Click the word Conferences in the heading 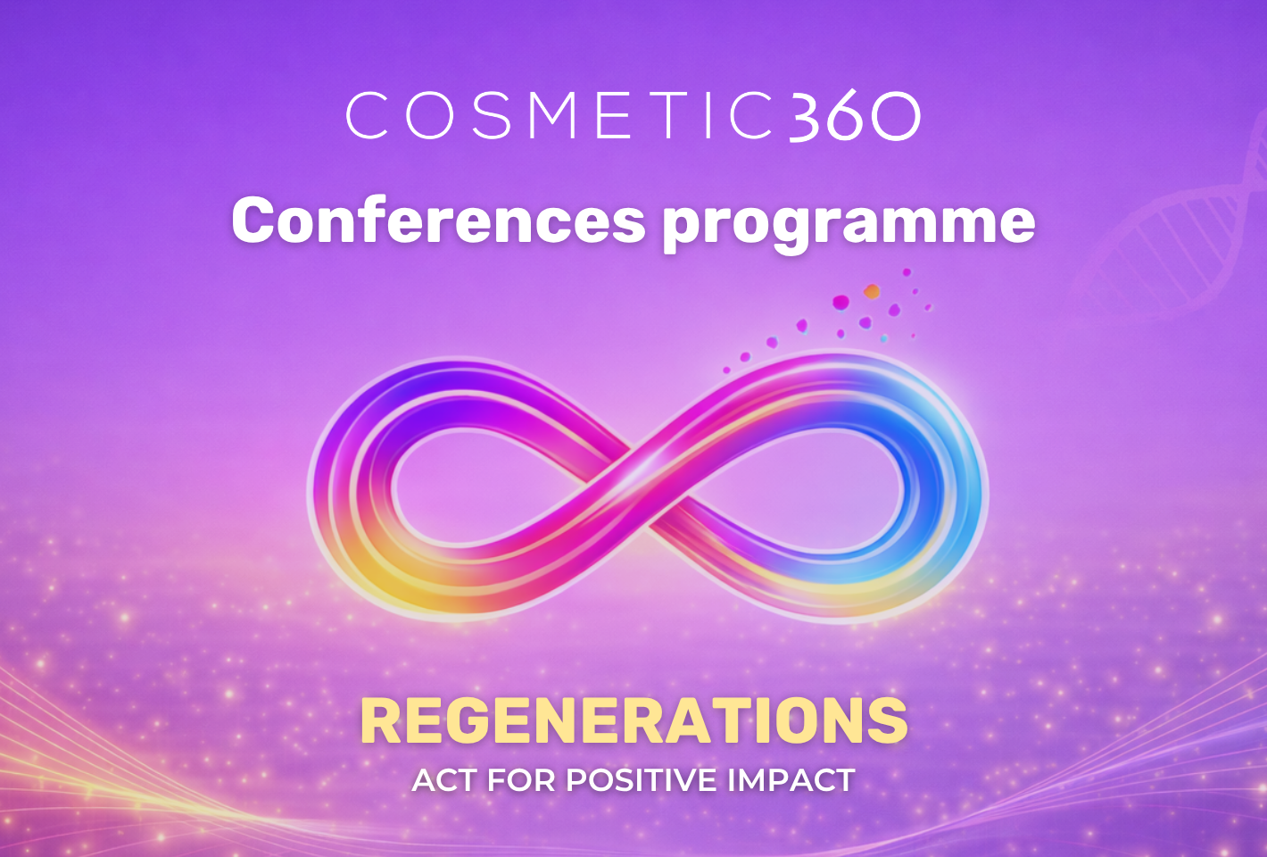[x=438, y=220]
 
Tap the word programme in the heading [x=849, y=225]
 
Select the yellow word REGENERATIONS [x=634, y=720]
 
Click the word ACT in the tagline [x=444, y=780]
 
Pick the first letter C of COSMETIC [x=367, y=116]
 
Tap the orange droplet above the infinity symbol [x=872, y=292]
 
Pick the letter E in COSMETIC [x=614, y=116]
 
